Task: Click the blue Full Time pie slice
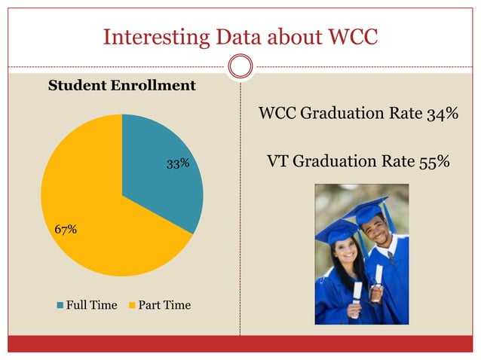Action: tap(162, 169)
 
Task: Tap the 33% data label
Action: tap(178, 163)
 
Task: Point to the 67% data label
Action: tap(65, 229)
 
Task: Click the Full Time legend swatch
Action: tap(61, 305)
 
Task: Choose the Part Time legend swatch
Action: tap(133, 305)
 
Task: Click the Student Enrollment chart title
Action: tap(121, 85)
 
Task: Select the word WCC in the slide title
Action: tap(352, 36)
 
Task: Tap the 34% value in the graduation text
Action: tap(442, 114)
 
